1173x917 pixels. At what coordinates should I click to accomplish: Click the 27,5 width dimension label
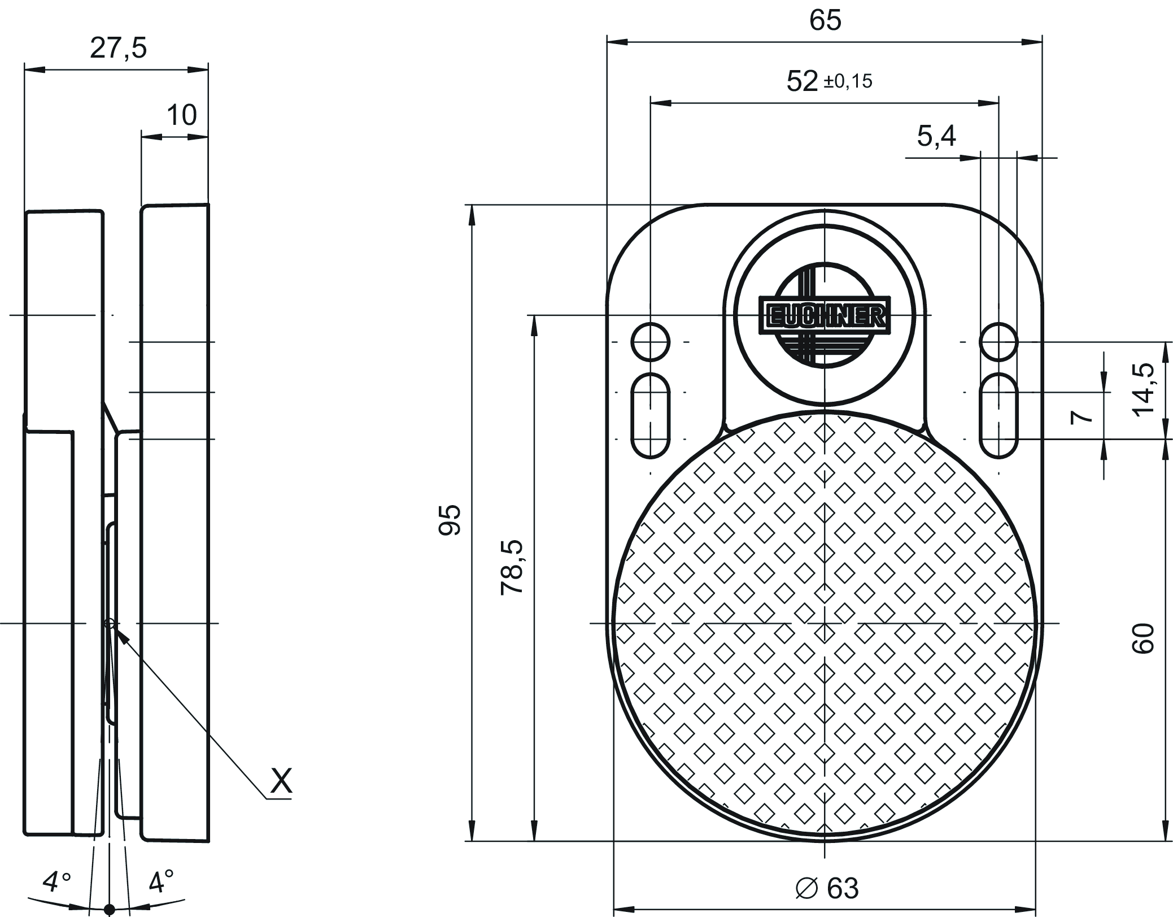coord(118,48)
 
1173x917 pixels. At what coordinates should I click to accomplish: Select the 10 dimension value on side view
coord(181,115)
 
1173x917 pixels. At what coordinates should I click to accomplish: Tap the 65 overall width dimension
coord(825,20)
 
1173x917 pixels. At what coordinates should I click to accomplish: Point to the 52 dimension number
coord(802,81)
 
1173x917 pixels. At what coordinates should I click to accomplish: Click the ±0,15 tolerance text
coord(848,81)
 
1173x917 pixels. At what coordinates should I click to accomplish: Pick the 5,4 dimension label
coord(936,136)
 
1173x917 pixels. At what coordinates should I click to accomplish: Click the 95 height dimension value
coord(450,519)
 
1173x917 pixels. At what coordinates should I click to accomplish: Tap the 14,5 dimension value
coord(1144,389)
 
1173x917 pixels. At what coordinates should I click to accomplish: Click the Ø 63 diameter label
coord(827,888)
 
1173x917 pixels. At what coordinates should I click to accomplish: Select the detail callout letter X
coord(281,781)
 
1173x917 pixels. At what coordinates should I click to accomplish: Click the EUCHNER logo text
coord(825,317)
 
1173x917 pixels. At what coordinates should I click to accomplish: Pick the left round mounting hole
coord(651,342)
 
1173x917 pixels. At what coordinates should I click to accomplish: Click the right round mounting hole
coord(998,342)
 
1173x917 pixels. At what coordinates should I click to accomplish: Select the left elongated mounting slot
coord(651,415)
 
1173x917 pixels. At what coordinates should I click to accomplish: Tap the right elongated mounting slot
coord(998,415)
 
